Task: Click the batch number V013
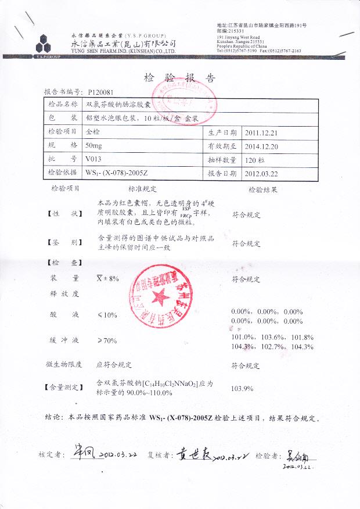tap(93, 159)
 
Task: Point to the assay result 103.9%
tap(243, 388)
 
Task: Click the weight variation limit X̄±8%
tap(107, 278)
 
